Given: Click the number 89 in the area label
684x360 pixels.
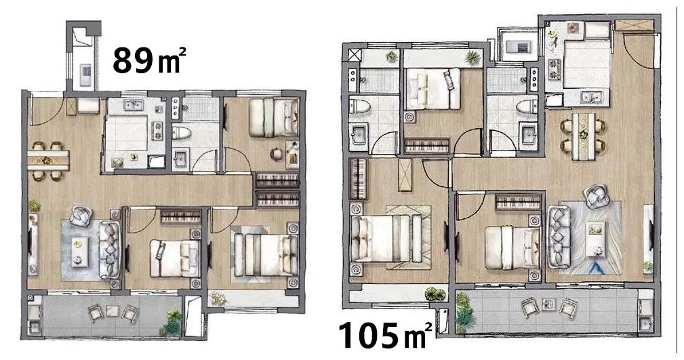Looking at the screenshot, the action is point(133,60).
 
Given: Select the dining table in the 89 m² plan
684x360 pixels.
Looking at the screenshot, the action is point(48,160).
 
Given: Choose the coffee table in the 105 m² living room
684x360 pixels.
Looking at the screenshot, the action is point(595,238).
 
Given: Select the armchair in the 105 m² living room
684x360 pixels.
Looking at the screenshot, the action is point(595,196).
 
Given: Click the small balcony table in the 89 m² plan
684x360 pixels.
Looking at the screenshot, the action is point(113,311).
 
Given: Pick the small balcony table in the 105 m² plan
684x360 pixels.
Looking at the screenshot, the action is point(547,304).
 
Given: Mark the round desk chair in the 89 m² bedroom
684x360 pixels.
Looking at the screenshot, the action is point(277,154).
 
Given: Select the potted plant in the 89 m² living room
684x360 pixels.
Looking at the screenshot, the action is point(34,205).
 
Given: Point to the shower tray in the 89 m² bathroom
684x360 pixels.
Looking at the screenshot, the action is point(201,109).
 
